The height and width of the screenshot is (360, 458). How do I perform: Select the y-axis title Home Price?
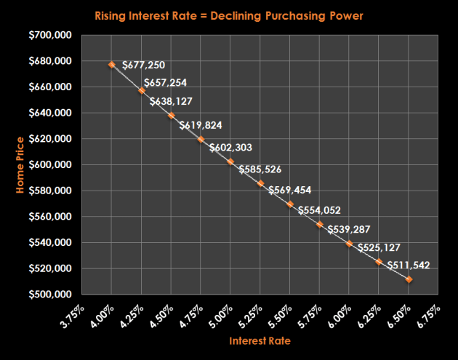[23, 164]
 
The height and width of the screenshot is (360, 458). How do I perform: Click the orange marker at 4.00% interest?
[112, 65]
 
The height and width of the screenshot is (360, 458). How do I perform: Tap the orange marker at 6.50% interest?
[409, 279]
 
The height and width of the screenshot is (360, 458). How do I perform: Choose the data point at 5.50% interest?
[290, 204]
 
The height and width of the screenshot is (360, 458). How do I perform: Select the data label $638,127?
[172, 102]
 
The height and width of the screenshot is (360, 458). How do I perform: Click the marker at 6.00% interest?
[350, 244]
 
